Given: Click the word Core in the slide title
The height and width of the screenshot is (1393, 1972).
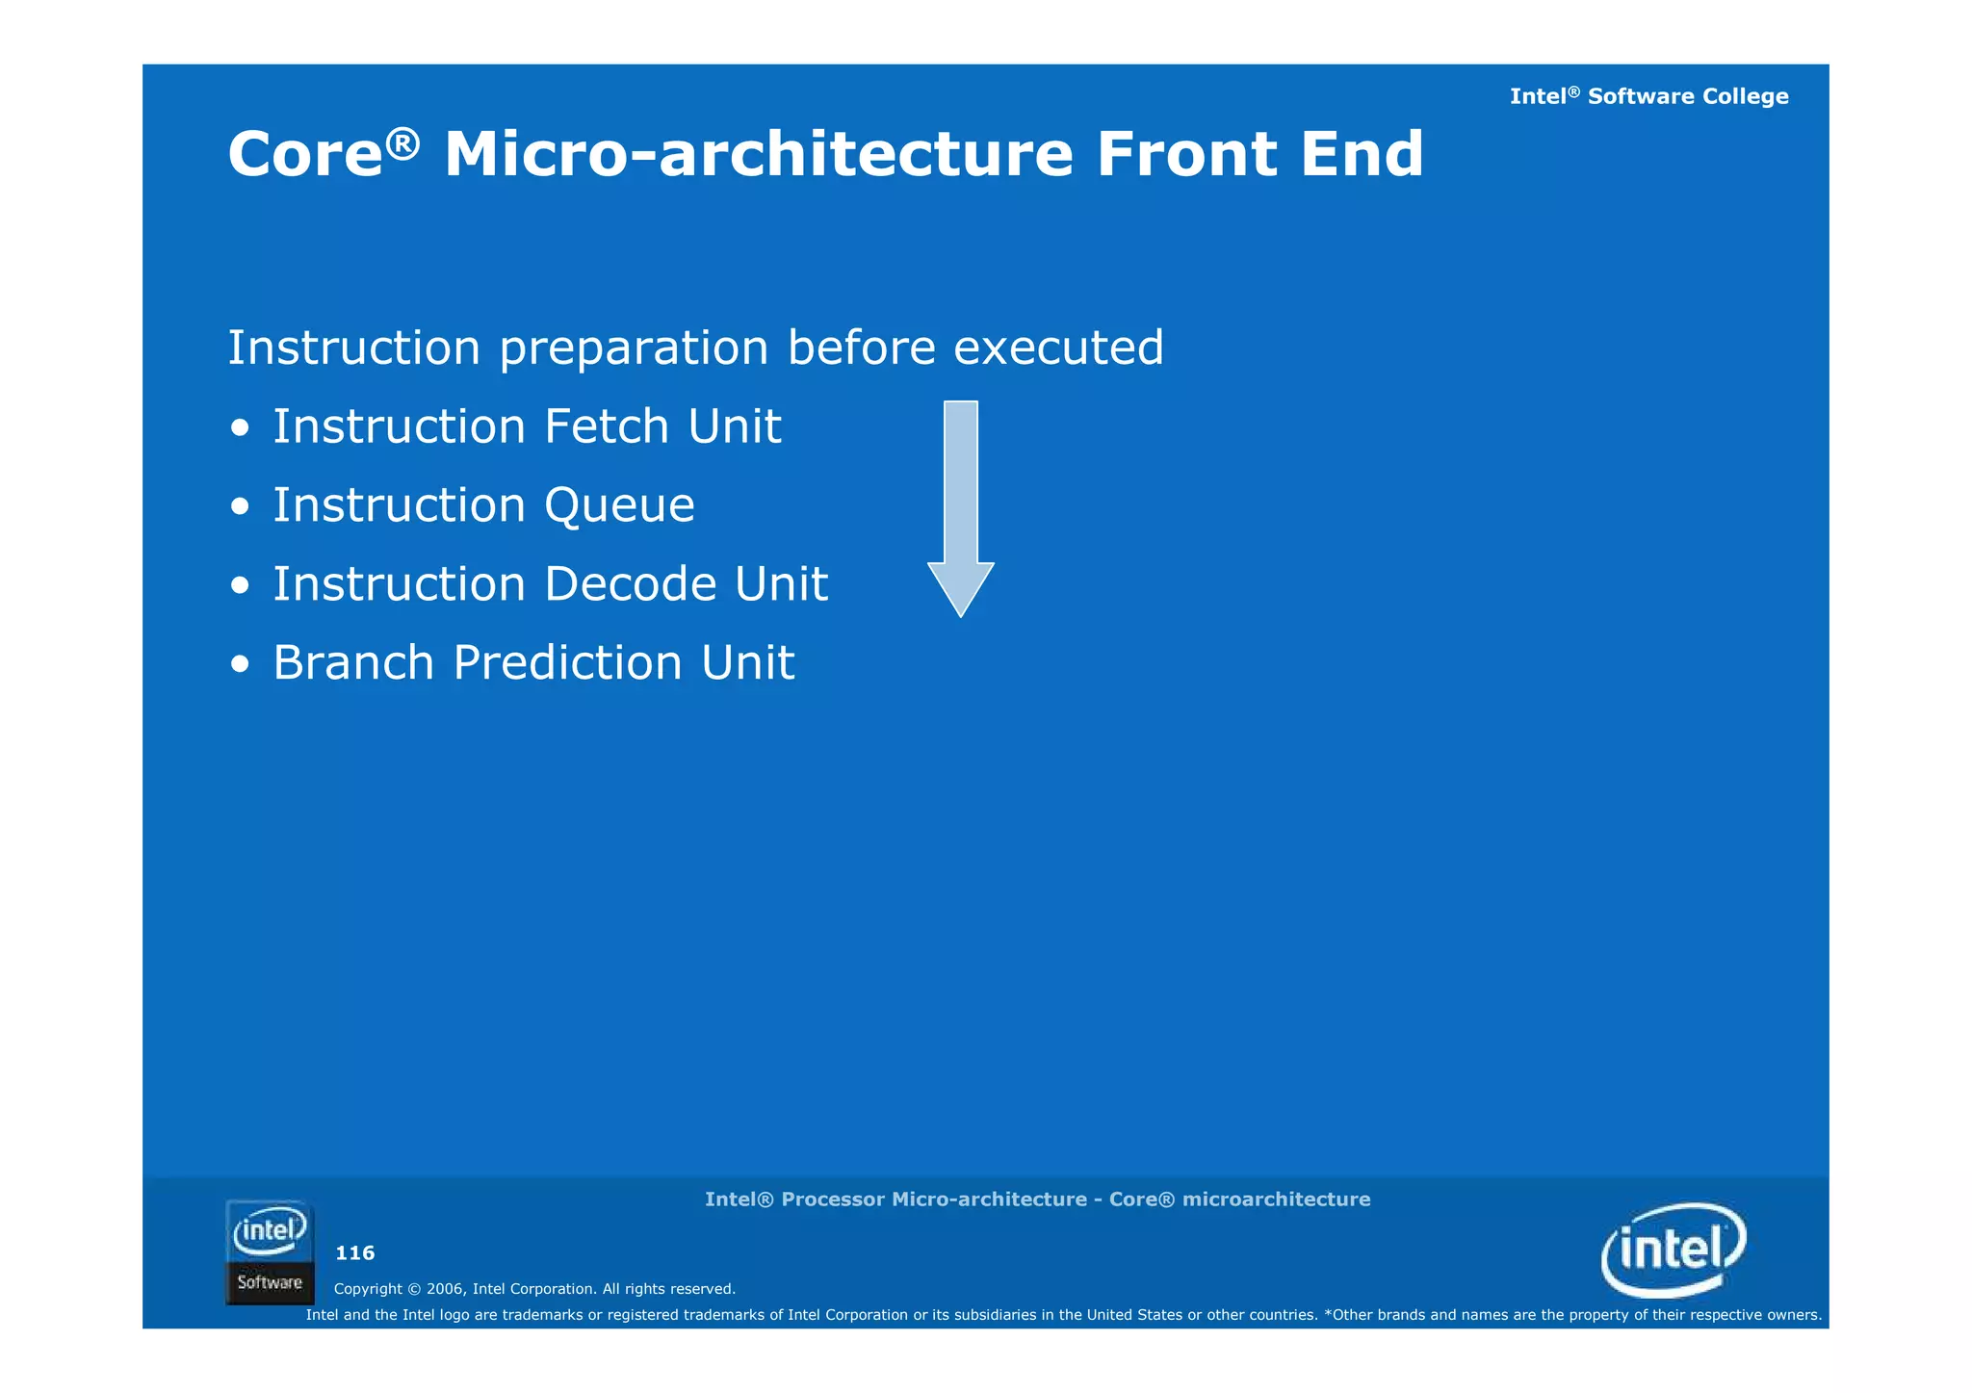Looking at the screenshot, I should pos(305,155).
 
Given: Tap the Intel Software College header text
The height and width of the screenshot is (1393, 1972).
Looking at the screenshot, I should pos(1648,96).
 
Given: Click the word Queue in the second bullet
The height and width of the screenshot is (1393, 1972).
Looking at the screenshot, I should pos(619,506).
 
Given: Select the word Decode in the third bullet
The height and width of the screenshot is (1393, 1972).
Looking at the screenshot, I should pos(631,584).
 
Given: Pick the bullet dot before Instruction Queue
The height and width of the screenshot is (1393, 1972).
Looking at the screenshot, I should pos(241,506).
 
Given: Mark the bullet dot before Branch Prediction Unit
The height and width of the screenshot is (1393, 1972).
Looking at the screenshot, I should pos(241,664).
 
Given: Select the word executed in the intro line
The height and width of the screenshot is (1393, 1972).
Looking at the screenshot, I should pos(1058,348).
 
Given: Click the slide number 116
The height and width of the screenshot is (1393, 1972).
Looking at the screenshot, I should pos(354,1253).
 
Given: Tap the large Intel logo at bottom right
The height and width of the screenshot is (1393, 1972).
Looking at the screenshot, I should pos(1674,1250).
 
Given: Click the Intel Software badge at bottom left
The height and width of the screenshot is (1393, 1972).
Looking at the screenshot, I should pos(270,1251).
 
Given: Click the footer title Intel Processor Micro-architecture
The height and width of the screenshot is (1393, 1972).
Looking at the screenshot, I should pos(895,1200).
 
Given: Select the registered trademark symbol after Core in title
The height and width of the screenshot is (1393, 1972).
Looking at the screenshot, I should pos(403,142).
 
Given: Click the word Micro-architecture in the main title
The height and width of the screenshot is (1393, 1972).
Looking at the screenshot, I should pos(758,155).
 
